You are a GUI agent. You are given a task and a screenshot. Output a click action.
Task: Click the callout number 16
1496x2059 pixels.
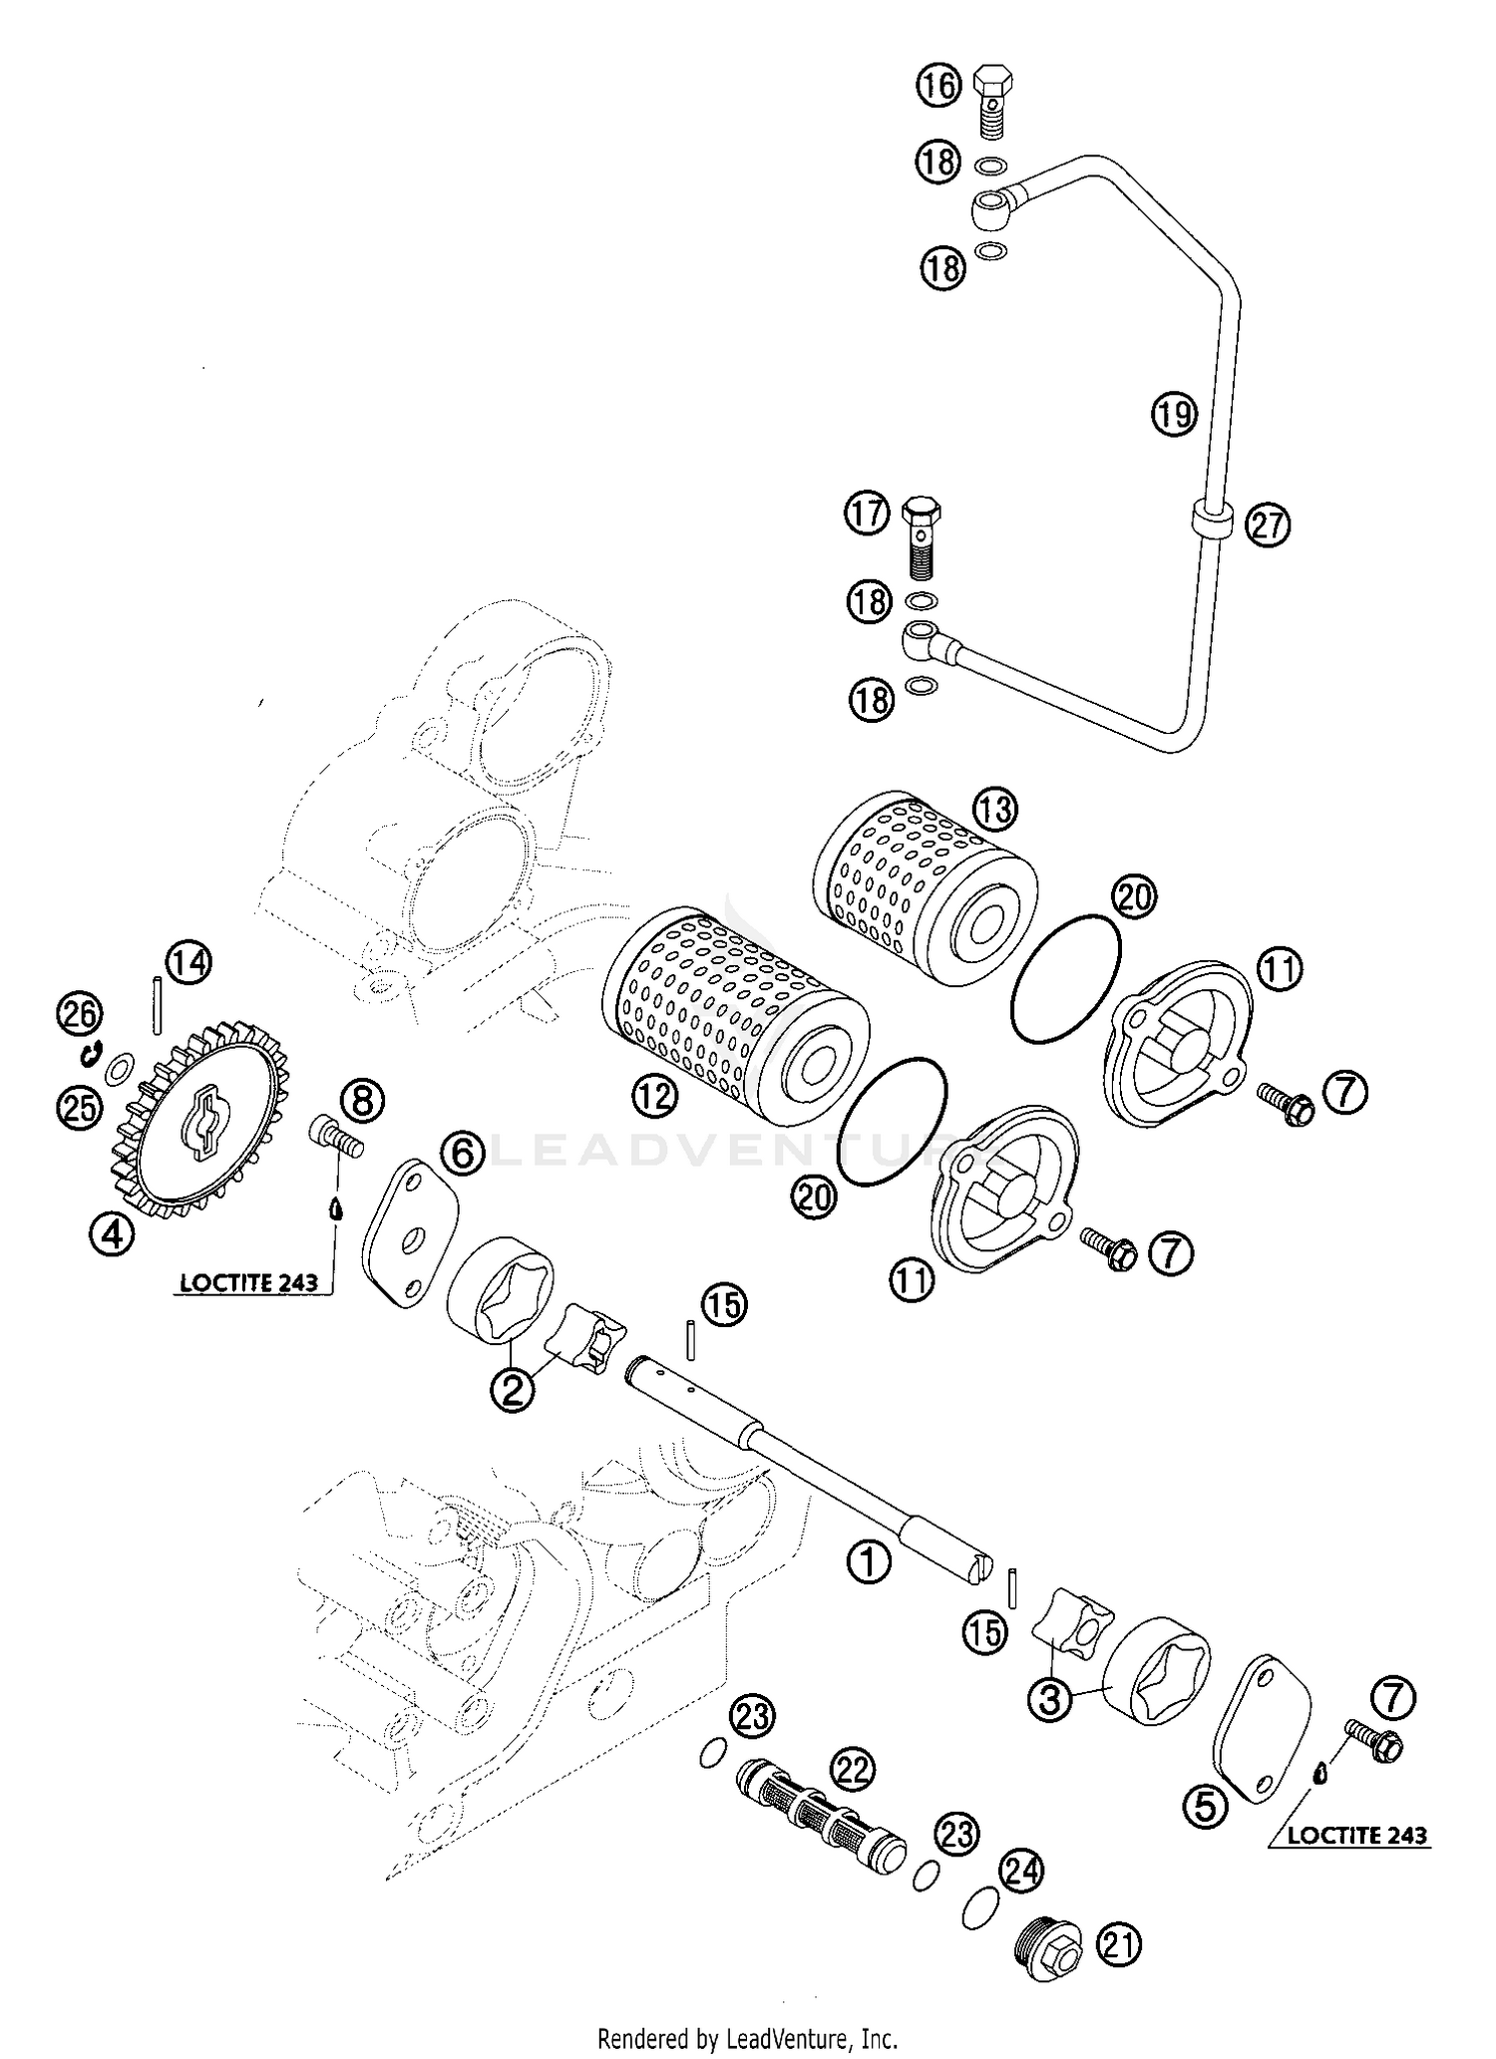tap(937, 85)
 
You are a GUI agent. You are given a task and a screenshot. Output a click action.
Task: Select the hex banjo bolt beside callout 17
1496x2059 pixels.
tap(920, 538)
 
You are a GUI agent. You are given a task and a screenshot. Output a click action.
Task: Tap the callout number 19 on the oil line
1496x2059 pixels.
tap(1174, 412)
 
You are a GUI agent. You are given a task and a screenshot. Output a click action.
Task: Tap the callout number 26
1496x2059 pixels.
tap(79, 1015)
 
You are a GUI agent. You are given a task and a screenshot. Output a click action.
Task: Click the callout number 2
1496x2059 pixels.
tap(512, 1387)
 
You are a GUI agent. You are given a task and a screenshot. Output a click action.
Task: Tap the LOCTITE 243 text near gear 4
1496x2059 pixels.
tap(248, 1282)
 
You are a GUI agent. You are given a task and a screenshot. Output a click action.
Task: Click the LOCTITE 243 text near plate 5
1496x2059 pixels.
tap(1356, 1835)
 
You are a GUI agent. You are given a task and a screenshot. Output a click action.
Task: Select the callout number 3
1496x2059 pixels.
tap(1049, 1698)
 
